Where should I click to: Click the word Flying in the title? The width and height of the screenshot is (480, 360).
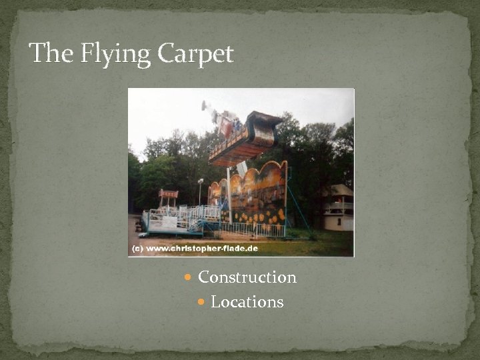[x=113, y=53]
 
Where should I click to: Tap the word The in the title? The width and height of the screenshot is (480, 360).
[x=51, y=53]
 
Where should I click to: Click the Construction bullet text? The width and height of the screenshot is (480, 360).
[x=247, y=277]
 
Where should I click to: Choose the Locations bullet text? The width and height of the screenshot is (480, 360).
[x=247, y=302]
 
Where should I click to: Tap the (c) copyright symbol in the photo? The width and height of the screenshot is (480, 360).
[x=137, y=249]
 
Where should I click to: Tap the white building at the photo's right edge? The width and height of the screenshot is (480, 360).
[x=339, y=208]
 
